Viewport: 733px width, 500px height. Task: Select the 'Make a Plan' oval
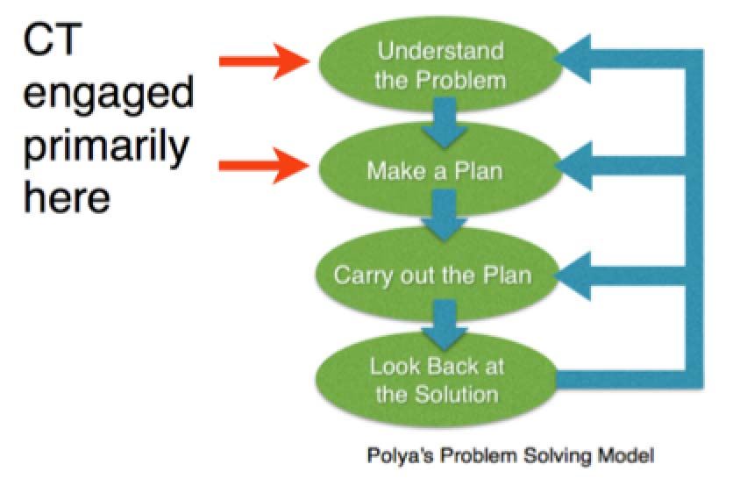439,169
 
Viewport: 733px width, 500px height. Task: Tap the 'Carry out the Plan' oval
438,275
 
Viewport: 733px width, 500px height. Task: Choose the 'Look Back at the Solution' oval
438,380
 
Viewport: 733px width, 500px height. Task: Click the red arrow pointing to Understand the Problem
265,61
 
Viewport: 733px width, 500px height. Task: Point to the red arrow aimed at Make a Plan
265,165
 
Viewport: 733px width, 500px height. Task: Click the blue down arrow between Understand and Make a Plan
445,123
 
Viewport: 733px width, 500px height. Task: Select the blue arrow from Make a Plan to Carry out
445,215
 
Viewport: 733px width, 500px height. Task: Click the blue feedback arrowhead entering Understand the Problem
573,59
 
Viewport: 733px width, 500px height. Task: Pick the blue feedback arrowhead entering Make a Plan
573,166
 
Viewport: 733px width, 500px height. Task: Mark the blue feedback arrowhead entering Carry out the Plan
573,275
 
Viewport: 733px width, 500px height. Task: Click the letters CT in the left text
52,39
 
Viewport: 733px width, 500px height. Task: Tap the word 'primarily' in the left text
105,147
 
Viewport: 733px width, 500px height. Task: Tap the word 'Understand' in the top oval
440,51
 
